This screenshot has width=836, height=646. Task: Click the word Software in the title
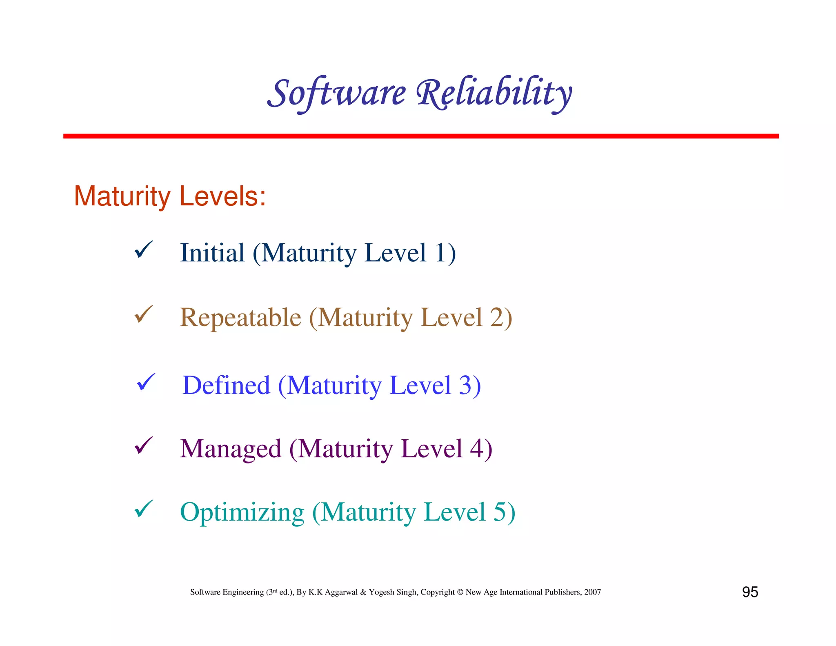(336, 93)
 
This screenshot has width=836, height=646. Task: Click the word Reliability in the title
(494, 93)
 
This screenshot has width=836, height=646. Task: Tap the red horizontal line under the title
(420, 136)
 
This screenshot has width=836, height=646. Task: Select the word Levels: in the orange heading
(222, 196)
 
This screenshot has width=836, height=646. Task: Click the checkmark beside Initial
(143, 249)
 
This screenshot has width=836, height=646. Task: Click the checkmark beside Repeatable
(143, 314)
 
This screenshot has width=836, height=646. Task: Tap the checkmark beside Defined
(145, 382)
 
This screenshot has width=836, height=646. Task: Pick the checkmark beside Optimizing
(143, 509)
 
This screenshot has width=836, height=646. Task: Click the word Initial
(212, 253)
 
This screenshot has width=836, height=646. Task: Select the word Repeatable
(240, 318)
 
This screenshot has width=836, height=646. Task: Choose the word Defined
(226, 385)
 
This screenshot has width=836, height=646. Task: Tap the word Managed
(231, 449)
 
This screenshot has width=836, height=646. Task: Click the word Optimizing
(242, 512)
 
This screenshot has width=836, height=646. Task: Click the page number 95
(750, 592)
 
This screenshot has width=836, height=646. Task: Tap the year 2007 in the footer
(592, 592)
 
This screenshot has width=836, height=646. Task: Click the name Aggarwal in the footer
(341, 592)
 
